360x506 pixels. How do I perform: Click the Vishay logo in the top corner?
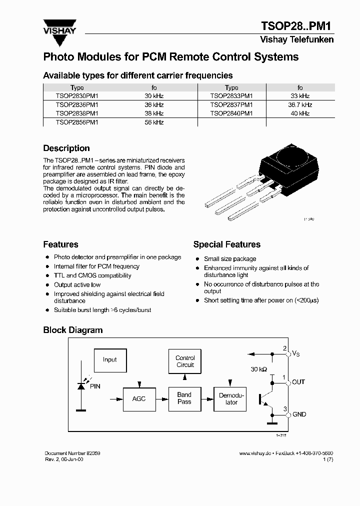click(x=59, y=27)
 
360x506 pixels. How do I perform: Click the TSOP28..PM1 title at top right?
click(x=297, y=26)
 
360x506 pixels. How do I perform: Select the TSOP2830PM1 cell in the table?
click(x=77, y=96)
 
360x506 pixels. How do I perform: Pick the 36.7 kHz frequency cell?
click(x=300, y=105)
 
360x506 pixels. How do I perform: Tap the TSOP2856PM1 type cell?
click(x=77, y=122)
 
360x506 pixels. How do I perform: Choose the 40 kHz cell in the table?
click(x=300, y=113)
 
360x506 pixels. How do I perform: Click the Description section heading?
click(x=66, y=148)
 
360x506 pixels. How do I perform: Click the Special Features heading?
click(x=227, y=244)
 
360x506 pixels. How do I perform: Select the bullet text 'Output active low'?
click(x=77, y=285)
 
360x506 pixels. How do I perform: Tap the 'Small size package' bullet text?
click(x=230, y=259)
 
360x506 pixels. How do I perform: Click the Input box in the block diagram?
click(x=109, y=359)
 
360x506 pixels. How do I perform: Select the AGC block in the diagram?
click(x=138, y=399)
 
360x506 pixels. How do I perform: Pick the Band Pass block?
click(x=184, y=398)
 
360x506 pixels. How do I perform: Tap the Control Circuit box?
click(x=185, y=361)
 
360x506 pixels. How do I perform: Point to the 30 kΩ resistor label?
click(x=259, y=369)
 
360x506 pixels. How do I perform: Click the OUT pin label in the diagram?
click(x=298, y=382)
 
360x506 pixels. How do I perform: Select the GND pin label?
click(x=299, y=414)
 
